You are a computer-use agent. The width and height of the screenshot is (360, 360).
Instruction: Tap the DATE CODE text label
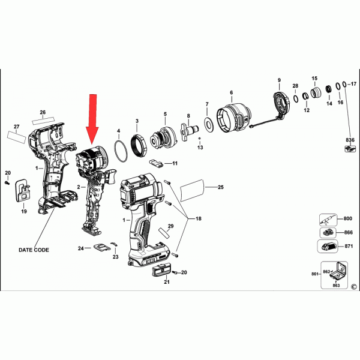click(34, 250)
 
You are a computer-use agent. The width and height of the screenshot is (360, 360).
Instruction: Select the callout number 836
click(350, 140)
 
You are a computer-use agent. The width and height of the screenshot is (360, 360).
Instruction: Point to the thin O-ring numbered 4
click(121, 151)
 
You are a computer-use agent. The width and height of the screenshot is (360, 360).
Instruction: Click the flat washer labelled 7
click(209, 124)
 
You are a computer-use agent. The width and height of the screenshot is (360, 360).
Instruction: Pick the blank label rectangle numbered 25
click(192, 190)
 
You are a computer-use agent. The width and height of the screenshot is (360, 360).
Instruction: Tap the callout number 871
click(349, 246)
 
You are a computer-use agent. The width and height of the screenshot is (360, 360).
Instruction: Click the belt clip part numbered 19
click(23, 191)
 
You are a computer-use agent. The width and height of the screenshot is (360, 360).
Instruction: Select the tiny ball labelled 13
click(200, 139)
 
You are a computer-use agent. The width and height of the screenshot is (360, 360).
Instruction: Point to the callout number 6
click(231, 92)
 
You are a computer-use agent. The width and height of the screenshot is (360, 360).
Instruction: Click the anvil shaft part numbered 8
click(189, 131)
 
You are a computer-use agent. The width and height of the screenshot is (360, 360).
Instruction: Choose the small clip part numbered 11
click(156, 163)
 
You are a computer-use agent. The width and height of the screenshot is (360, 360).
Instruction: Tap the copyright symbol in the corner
click(354, 287)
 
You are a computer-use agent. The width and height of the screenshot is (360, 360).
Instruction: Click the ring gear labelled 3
click(139, 145)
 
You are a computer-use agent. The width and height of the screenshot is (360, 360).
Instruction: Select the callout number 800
click(347, 218)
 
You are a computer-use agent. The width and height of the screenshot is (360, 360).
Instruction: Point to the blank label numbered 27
click(17, 137)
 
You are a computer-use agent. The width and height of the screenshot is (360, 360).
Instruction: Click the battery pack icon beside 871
click(328, 247)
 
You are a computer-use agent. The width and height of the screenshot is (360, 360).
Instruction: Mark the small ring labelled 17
click(344, 84)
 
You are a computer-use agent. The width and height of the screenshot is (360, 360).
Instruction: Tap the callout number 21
click(167, 282)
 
